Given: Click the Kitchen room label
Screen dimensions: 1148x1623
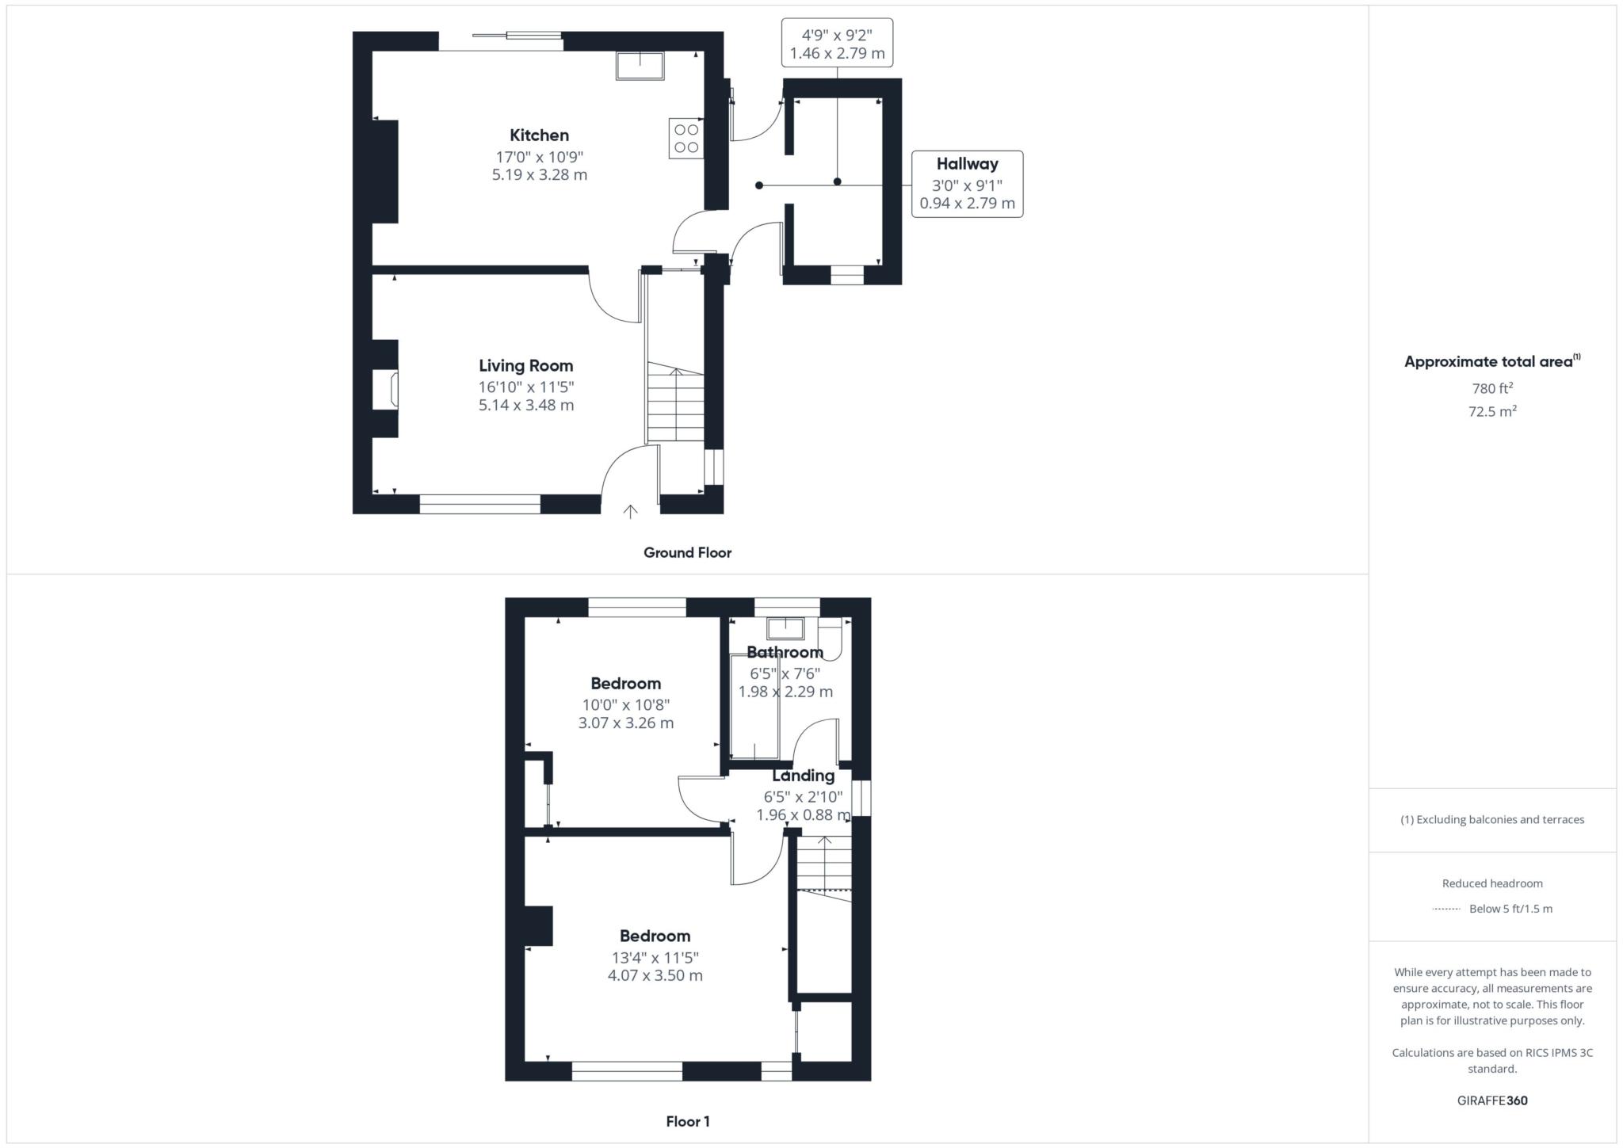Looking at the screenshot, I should (539, 135).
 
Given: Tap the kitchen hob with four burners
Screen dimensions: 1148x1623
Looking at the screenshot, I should (686, 138).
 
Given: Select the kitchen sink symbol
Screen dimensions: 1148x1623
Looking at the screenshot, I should (640, 67).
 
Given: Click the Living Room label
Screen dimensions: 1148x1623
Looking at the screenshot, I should (525, 366).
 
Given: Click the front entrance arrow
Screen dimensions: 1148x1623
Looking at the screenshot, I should (630, 512).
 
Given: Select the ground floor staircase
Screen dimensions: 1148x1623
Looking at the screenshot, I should (675, 402).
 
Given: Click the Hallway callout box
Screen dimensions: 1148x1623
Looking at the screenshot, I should (967, 184).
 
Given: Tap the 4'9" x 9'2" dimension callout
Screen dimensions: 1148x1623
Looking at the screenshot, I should (837, 44).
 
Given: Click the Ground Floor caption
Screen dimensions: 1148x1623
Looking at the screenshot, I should (687, 553).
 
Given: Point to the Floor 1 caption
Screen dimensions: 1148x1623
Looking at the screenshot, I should (687, 1122).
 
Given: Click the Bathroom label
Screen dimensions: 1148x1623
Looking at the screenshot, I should (785, 653).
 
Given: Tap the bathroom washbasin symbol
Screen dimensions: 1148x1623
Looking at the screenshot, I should (785, 629).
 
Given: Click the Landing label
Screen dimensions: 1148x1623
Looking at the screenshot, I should (803, 776).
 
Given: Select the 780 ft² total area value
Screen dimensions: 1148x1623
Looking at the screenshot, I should (1491, 389).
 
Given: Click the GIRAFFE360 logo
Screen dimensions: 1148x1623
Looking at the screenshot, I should (1491, 1100).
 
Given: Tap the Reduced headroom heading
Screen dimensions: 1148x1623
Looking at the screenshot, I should (1491, 883).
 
